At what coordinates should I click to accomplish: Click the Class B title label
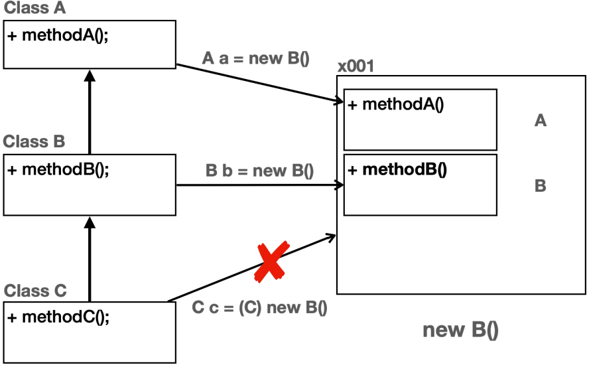pos(34,141)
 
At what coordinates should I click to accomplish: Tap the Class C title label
pos(35,291)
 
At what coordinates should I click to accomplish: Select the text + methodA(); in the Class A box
pos(58,35)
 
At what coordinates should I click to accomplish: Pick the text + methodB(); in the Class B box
pos(58,169)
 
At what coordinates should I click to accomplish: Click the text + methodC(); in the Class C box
pos(58,317)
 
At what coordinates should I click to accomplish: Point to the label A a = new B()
pos(255,58)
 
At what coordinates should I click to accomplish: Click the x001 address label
pos(356,66)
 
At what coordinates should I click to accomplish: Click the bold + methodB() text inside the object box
pos(397,169)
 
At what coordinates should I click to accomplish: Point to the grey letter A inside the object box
pos(540,121)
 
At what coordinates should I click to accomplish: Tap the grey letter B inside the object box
pos(540,186)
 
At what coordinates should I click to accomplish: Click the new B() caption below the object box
pos(460,330)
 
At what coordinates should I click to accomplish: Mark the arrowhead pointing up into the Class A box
pos(90,74)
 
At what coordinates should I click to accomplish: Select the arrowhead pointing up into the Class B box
pos(90,227)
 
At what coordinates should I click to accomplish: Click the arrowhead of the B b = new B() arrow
pos(338,185)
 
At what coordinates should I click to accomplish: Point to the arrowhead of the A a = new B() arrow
pos(338,102)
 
